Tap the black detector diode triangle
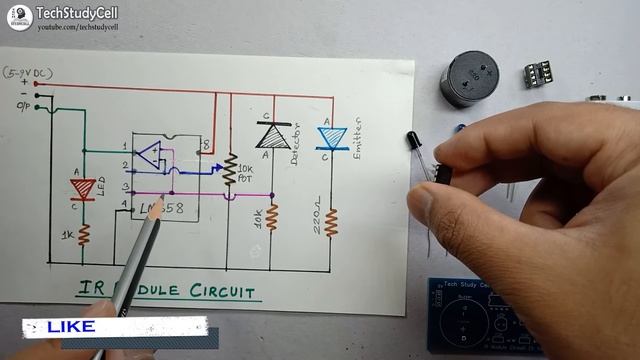pyautogui.click(x=268, y=134)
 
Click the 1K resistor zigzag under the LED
pyautogui.click(x=84, y=236)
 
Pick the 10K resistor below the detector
pyautogui.click(x=272, y=217)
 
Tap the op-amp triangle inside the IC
pyautogui.click(x=148, y=155)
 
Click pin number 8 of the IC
pyautogui.click(x=205, y=147)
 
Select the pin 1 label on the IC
pyautogui.click(x=125, y=147)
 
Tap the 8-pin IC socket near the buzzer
pyautogui.click(x=540, y=76)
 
